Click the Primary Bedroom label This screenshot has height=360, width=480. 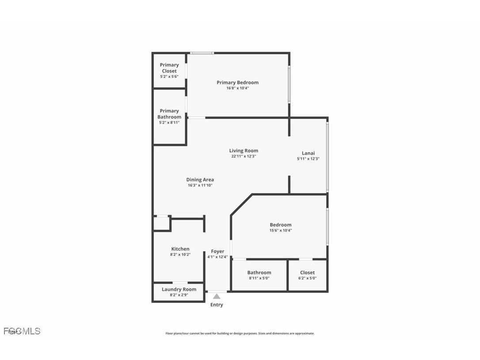click(237, 82)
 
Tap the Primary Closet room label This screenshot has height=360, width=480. click(169, 68)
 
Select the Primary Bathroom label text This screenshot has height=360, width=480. click(169, 114)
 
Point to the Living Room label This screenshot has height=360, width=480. click(244, 150)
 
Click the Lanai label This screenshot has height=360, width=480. click(308, 153)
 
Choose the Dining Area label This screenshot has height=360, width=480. click(200, 180)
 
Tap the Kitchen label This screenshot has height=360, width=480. click(180, 249)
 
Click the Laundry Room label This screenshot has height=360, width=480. click(179, 289)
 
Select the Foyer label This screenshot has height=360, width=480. click(217, 251)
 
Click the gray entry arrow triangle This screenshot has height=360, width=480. click(217, 296)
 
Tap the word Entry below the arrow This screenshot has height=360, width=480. click(217, 305)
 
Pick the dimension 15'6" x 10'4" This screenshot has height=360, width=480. click(281, 230)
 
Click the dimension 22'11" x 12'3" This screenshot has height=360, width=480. click(244, 156)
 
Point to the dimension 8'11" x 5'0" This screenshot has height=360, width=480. click(259, 278)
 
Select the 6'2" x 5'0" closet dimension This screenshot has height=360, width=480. click(307, 278)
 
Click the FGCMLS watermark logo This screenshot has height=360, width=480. click(22, 331)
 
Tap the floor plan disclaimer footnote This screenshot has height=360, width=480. click(240, 333)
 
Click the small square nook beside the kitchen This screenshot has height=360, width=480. click(161, 223)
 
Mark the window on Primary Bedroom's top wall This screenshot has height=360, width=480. click(202, 53)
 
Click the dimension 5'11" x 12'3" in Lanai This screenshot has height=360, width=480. click(308, 159)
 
